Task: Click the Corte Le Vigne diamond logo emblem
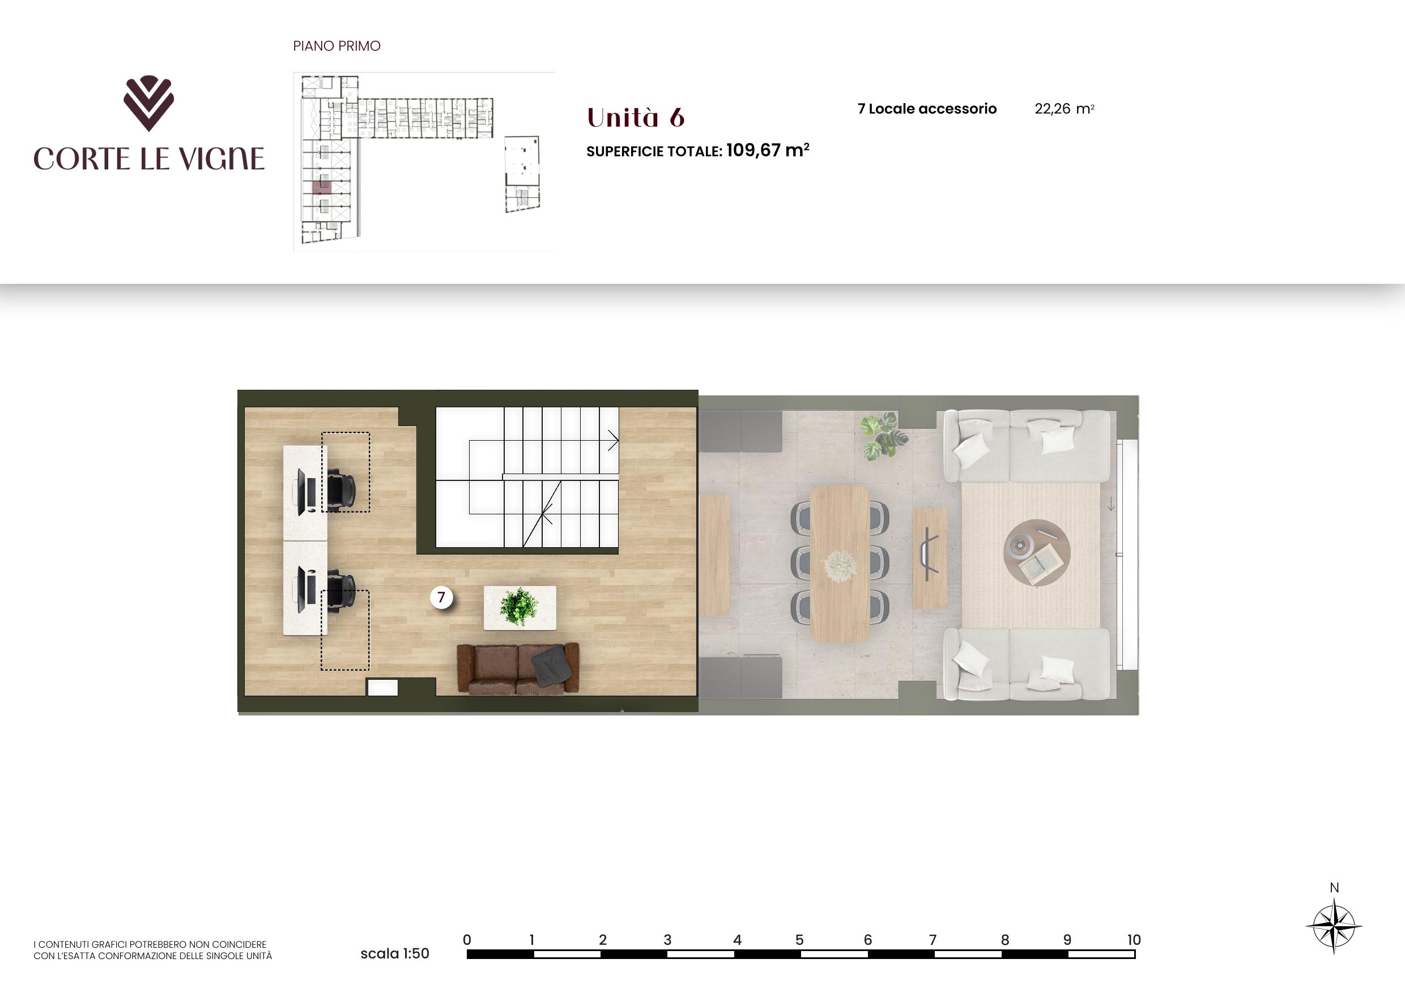point(148,103)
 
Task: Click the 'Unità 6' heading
point(635,117)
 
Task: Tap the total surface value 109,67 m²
point(767,150)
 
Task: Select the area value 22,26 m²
point(1064,109)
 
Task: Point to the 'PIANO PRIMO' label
point(337,46)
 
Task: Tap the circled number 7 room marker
point(441,597)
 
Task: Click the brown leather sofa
point(518,669)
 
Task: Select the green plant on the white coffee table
point(519,606)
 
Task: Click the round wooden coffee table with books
point(1037,553)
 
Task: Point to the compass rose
point(1334,926)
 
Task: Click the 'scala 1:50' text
point(395,953)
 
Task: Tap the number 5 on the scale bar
point(799,940)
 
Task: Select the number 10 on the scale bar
point(1133,940)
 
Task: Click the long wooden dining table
point(840,564)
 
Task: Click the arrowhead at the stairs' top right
point(614,441)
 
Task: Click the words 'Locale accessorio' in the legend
point(933,109)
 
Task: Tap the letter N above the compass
point(1334,887)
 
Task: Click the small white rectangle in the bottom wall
point(382,688)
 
